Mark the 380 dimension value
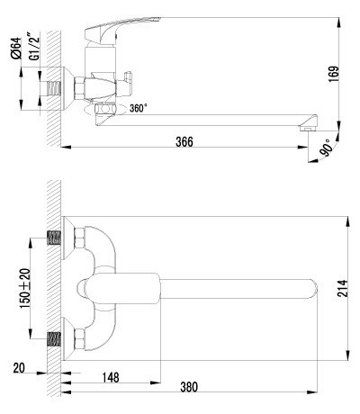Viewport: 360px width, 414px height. point(190,388)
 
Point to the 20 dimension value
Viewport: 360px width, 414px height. point(21,367)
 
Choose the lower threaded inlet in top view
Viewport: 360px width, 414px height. point(57,341)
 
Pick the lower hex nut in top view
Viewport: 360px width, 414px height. point(79,341)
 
